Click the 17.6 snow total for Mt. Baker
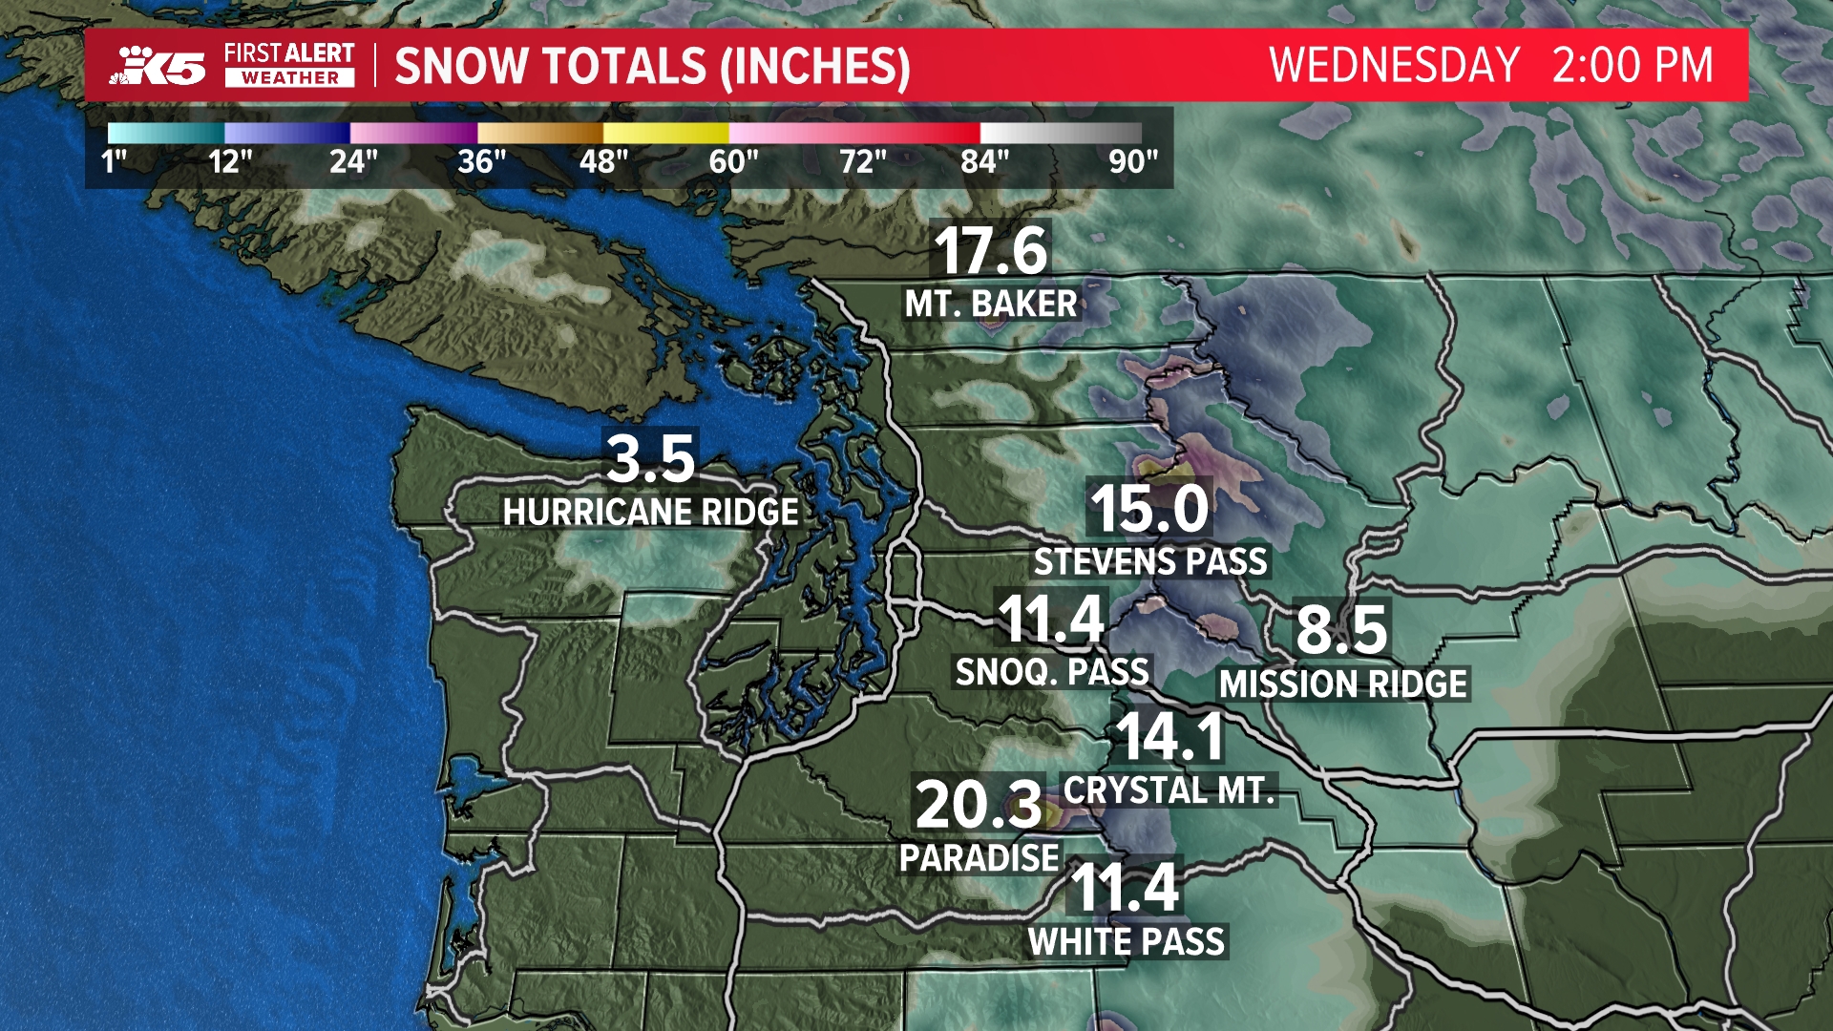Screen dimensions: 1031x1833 pyautogui.click(x=991, y=251)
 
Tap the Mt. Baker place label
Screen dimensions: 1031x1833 pyautogui.click(x=991, y=305)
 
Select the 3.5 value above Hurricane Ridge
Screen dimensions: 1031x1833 pyautogui.click(x=651, y=458)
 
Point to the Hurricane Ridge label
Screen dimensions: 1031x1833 pyautogui.click(x=651, y=513)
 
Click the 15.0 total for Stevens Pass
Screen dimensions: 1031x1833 pyautogui.click(x=1149, y=508)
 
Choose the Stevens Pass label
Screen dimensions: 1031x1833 pyautogui.click(x=1150, y=562)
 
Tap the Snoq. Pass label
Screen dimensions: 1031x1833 pyautogui.click(x=1052, y=673)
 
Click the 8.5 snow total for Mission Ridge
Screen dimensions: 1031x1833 pyautogui.click(x=1341, y=629)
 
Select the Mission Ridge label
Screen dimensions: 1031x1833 pyautogui.click(x=1343, y=684)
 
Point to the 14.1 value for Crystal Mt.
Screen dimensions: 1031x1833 pyautogui.click(x=1170, y=737)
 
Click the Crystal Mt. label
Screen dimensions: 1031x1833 pyautogui.click(x=1169, y=790)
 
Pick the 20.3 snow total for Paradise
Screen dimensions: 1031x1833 pyautogui.click(x=979, y=805)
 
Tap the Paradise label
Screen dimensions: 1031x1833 pyautogui.click(x=980, y=858)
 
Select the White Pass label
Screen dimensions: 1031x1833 pyautogui.click(x=1127, y=942)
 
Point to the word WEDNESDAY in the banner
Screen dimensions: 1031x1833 pyautogui.click(x=1394, y=66)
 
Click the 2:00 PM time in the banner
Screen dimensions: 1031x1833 pyautogui.click(x=1633, y=66)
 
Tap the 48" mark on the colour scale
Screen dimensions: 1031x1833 pyautogui.click(x=603, y=161)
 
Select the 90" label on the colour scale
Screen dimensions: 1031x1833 pyautogui.click(x=1133, y=161)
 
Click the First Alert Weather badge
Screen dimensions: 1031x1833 pyautogui.click(x=289, y=65)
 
